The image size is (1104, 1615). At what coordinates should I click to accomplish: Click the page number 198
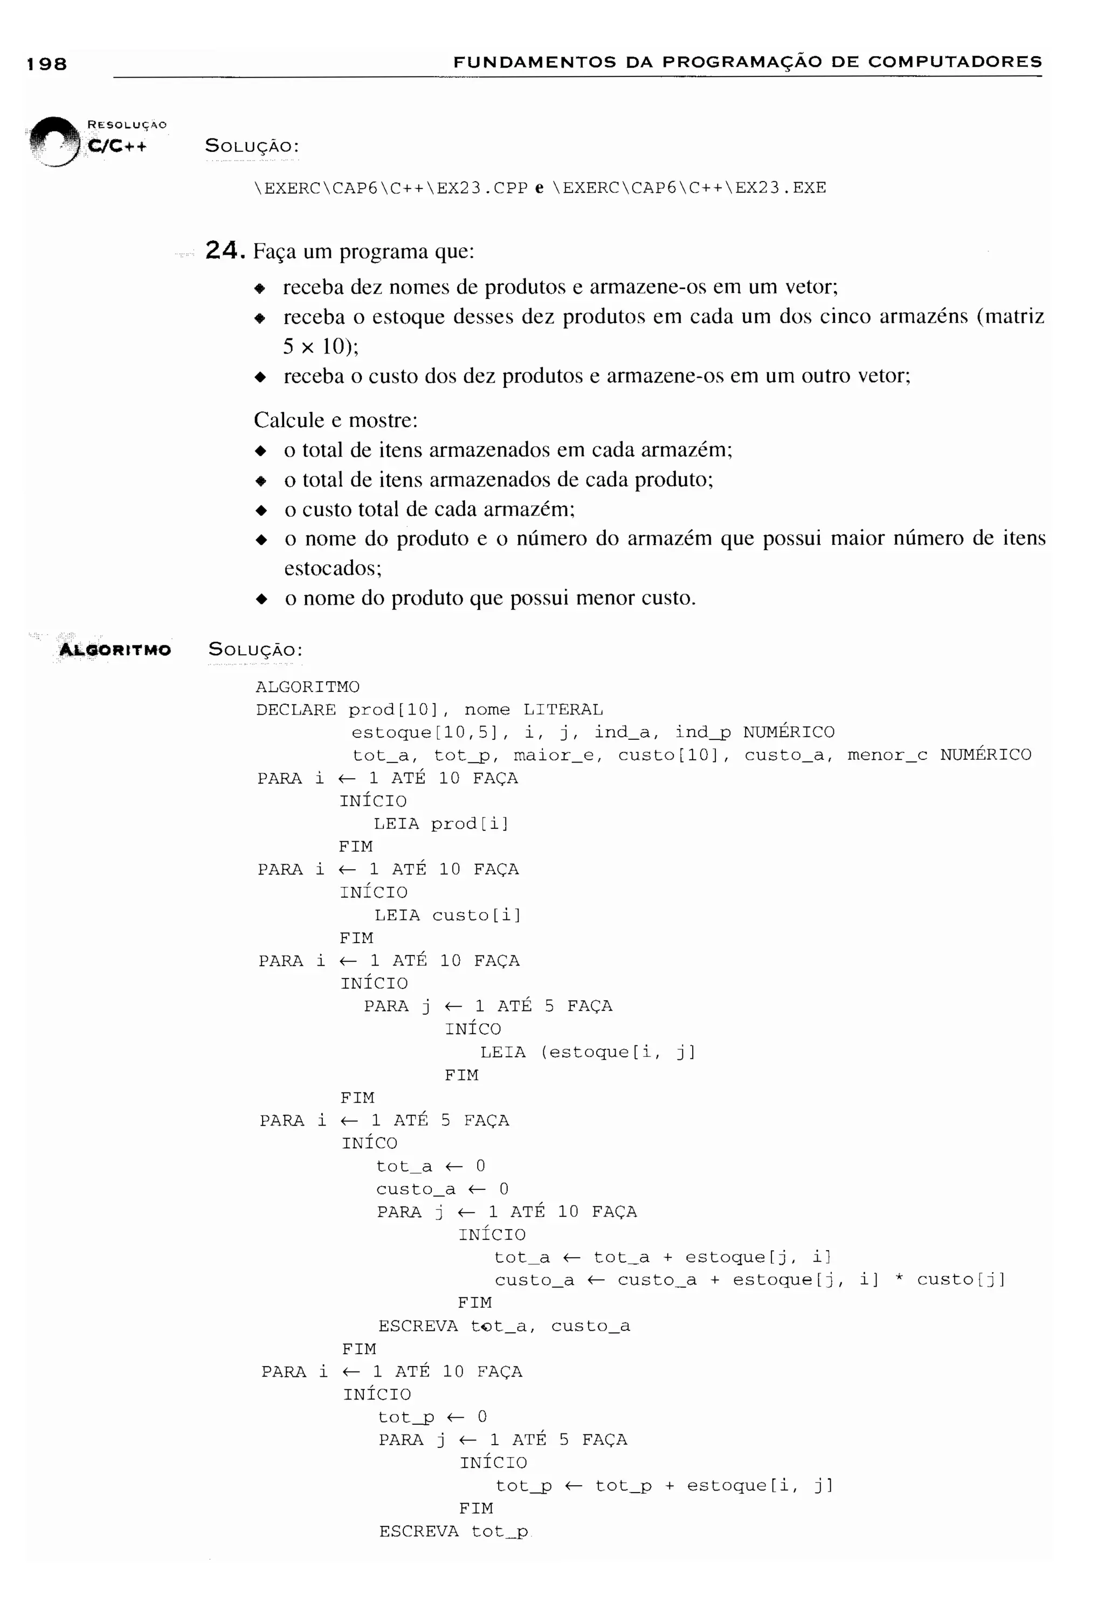tap(46, 64)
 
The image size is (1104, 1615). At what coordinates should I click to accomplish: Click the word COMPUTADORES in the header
tap(955, 62)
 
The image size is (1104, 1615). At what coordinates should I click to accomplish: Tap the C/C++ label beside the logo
tap(117, 146)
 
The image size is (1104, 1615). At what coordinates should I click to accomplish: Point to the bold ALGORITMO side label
tap(115, 650)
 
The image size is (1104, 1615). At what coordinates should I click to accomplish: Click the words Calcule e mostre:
tap(335, 420)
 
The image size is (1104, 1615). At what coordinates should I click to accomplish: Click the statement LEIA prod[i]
tap(441, 823)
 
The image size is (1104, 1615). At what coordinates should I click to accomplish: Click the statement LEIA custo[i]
tap(447, 914)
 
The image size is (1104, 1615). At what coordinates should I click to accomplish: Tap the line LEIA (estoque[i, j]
tap(588, 1051)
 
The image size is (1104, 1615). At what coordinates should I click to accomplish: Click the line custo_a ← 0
tap(442, 1189)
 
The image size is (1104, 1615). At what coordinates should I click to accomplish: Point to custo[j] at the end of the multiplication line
tap(960, 1279)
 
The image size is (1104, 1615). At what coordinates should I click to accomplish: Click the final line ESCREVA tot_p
tap(453, 1531)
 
